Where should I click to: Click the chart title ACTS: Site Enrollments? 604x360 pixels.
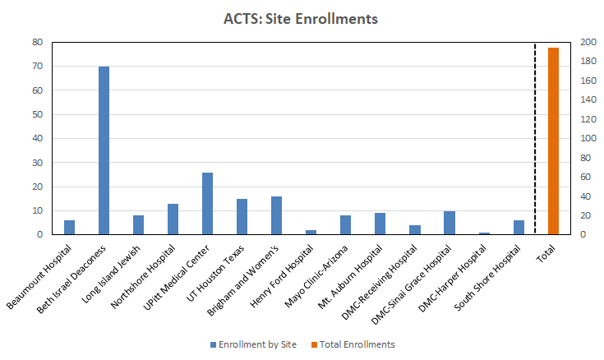click(x=301, y=18)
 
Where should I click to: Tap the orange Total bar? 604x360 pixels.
click(x=553, y=141)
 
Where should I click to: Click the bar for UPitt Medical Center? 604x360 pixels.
click(x=207, y=203)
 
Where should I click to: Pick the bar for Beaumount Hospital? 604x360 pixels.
click(x=69, y=227)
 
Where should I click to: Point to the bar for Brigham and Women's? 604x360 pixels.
click(x=276, y=215)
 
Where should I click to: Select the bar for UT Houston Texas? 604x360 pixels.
click(x=242, y=216)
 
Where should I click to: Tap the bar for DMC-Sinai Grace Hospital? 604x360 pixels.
click(x=449, y=223)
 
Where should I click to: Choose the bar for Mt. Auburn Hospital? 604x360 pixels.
click(x=380, y=224)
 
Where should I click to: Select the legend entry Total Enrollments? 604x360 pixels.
click(x=358, y=344)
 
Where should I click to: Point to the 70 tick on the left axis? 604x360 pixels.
click(x=37, y=66)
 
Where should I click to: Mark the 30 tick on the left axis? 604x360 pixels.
click(x=37, y=163)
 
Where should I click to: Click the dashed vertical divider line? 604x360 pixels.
click(x=536, y=140)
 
